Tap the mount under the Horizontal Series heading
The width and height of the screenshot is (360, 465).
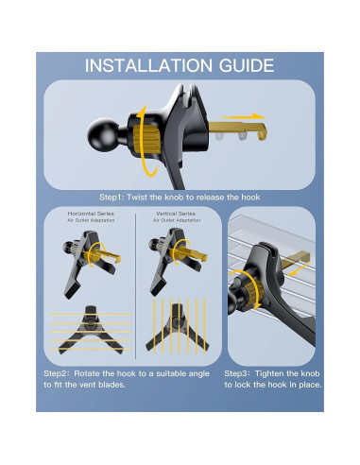click(x=91, y=261)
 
